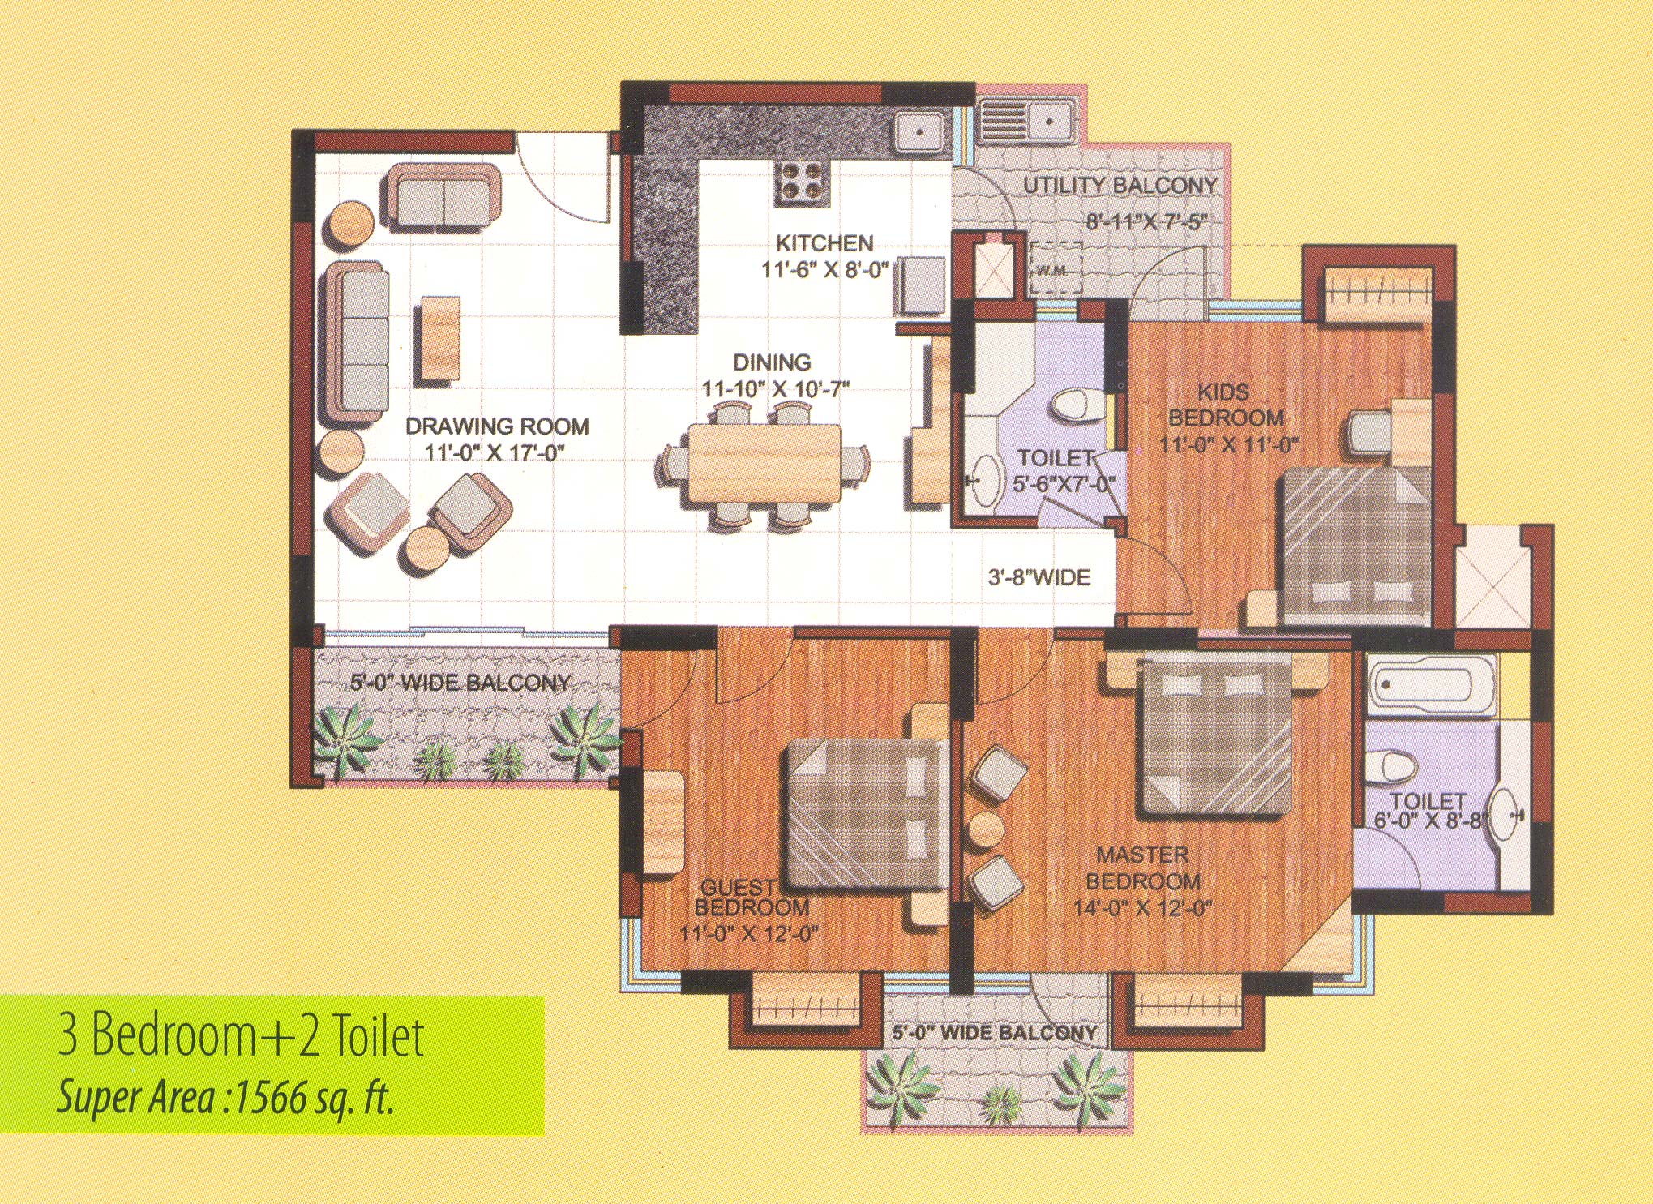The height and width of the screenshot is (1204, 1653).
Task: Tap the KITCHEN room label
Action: [x=824, y=243]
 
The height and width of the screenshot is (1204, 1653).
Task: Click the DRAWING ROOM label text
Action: [x=497, y=426]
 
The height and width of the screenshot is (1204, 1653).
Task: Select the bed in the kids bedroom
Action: [x=1354, y=547]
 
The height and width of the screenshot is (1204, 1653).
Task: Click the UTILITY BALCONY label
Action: [x=1120, y=186]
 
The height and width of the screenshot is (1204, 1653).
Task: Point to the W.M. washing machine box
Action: [x=1055, y=266]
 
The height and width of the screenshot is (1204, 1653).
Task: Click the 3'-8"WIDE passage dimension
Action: [x=1038, y=577]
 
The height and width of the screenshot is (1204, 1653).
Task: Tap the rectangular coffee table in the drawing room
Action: [x=440, y=338]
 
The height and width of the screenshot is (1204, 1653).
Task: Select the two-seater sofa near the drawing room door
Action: [x=442, y=197]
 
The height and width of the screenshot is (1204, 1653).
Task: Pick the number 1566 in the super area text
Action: [x=272, y=1099]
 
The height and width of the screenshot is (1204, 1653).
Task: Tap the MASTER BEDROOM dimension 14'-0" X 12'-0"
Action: [x=1142, y=907]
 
